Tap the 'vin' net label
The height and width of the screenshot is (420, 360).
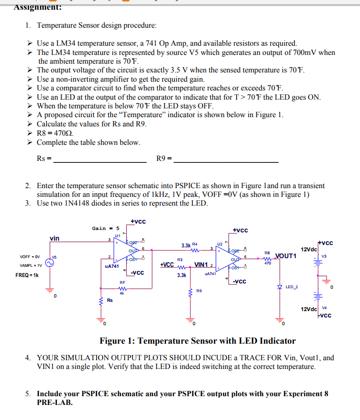[54, 238]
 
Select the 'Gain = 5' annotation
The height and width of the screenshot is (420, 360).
[106, 228]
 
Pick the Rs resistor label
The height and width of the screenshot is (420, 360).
[110, 300]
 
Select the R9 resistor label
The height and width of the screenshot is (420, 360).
[199, 291]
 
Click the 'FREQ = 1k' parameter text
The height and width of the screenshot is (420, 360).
[28, 275]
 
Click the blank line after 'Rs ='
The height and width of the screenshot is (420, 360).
[100, 161]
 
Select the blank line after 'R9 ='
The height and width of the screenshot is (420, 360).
[226, 161]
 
